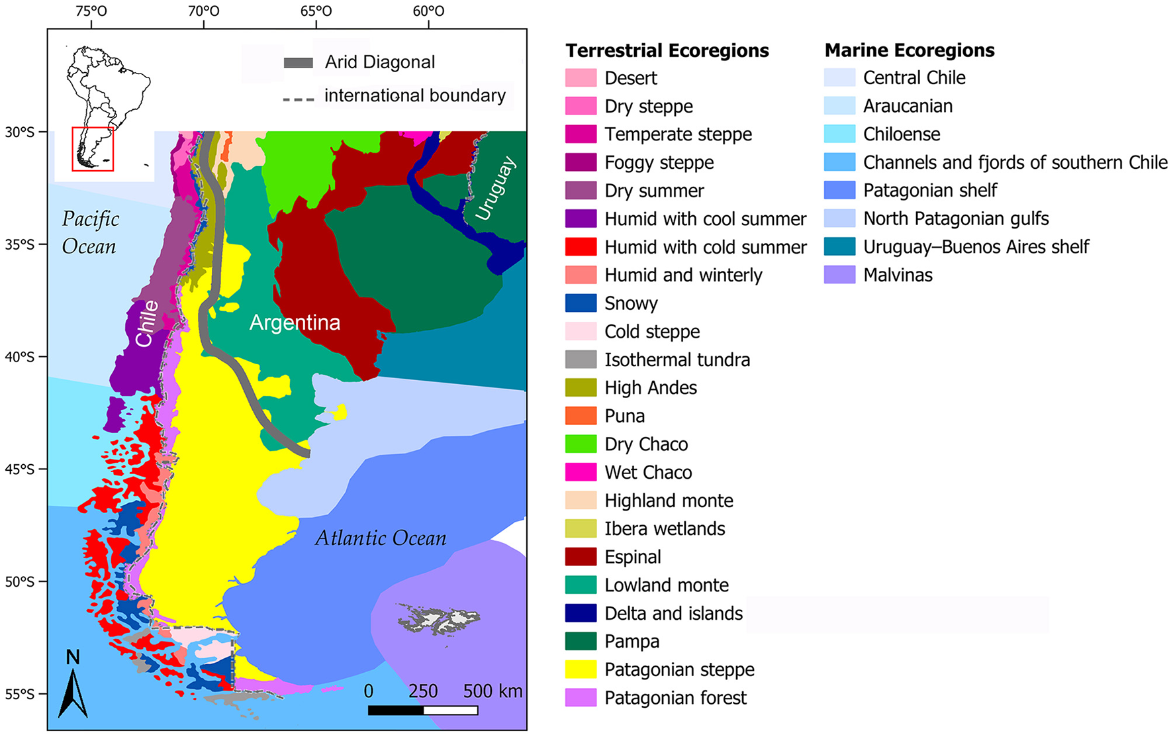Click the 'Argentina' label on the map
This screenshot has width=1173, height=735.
point(295,322)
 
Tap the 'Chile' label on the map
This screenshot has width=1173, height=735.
point(147,323)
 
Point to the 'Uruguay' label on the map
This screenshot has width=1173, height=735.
point(495,188)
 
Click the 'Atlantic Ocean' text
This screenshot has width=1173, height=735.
point(381,538)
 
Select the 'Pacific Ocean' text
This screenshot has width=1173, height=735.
point(90,232)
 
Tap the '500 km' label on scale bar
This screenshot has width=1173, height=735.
point(493,691)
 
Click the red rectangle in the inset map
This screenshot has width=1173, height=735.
point(93,149)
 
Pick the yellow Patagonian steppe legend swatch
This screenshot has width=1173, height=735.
point(581,669)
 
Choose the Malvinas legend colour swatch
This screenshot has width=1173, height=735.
point(839,275)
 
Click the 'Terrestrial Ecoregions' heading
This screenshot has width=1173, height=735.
point(667,50)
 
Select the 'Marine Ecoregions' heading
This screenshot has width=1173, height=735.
point(909,50)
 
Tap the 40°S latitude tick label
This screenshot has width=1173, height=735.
point(19,357)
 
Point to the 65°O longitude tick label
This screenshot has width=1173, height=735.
point(316,11)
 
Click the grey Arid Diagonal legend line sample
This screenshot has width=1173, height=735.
point(298,63)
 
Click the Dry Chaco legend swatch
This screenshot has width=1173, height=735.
point(581,444)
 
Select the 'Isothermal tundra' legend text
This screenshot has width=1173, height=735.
point(677,360)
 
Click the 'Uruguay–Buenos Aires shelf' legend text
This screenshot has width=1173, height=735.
point(976,247)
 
